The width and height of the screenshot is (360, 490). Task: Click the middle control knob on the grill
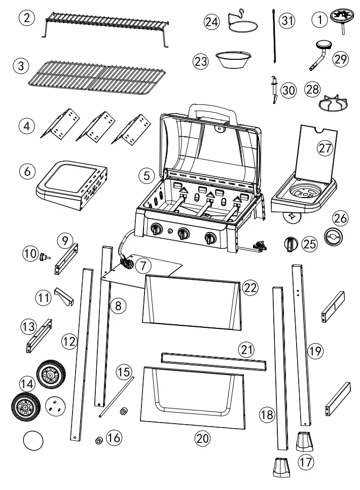coord(184,234)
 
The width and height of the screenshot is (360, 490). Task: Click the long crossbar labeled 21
coord(213,360)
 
